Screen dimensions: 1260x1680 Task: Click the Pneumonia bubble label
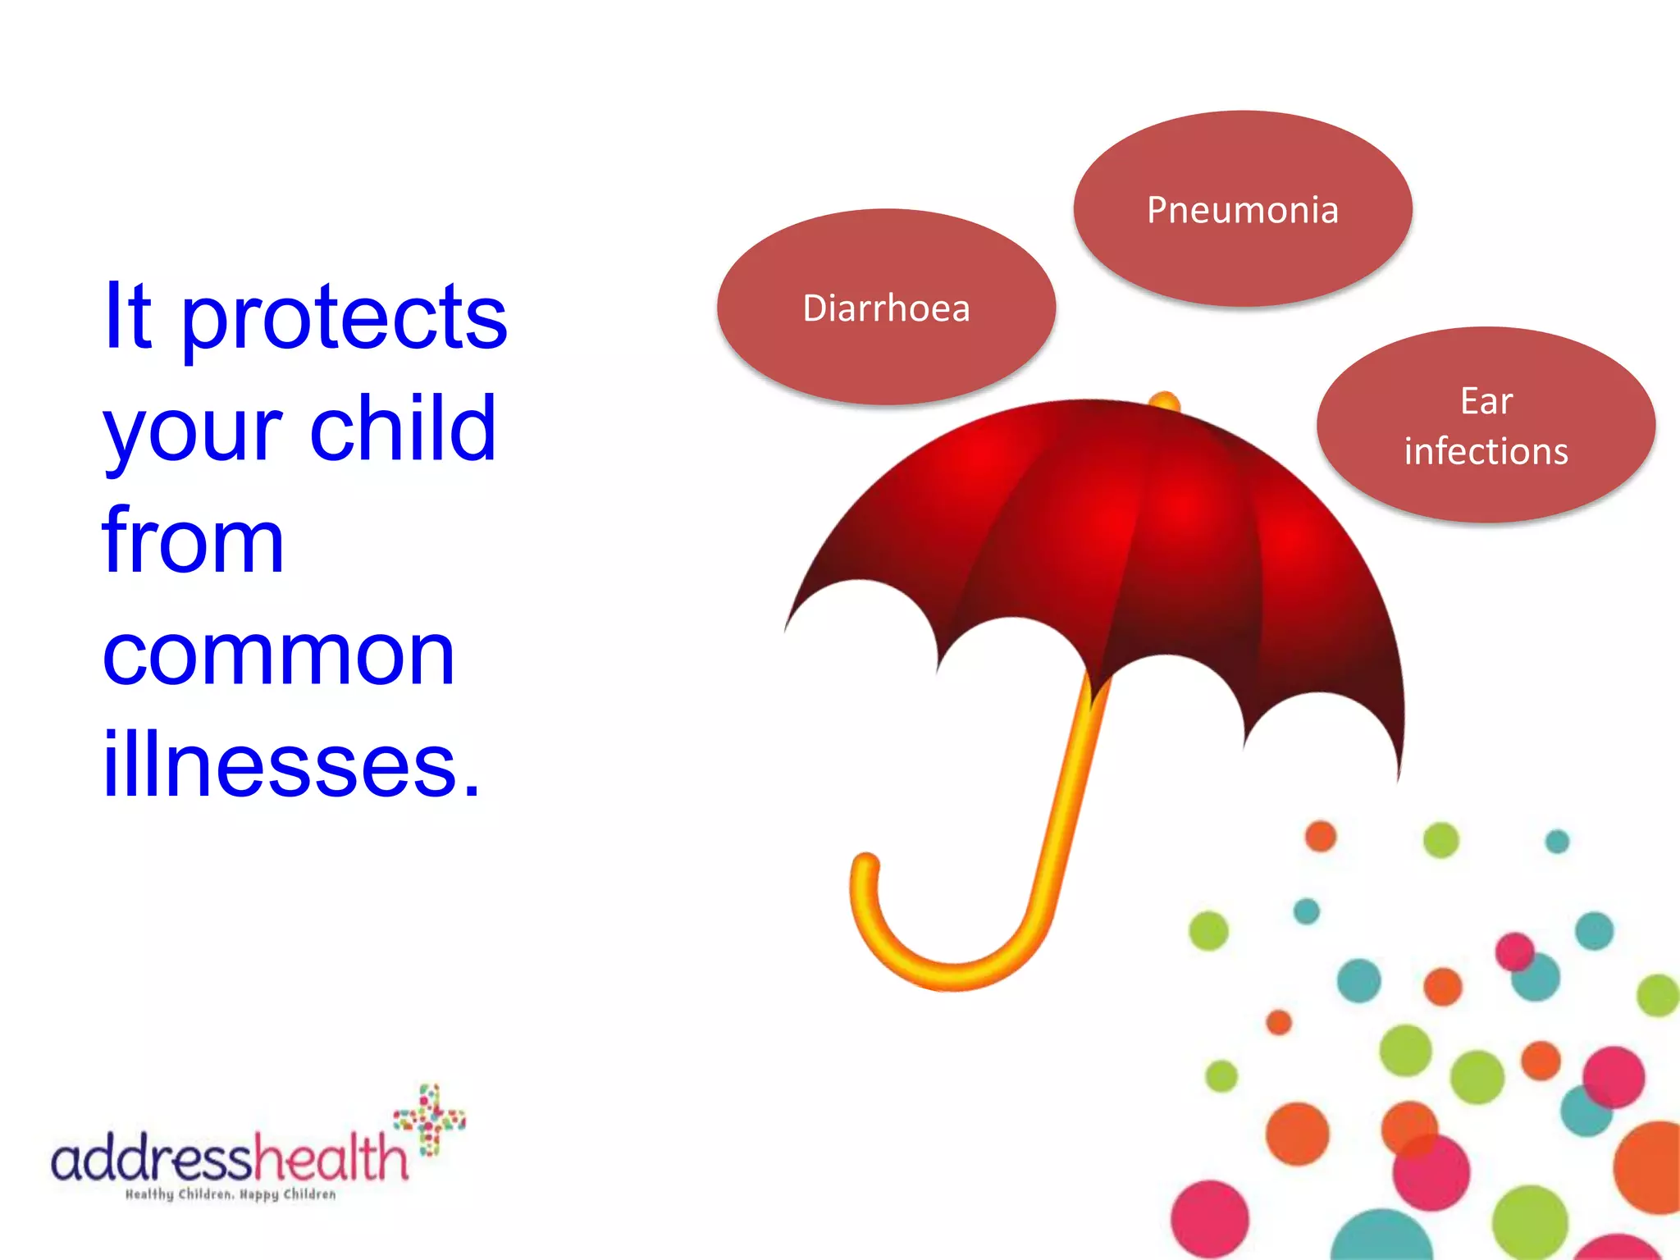[x=1242, y=210]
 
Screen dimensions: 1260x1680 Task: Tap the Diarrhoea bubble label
[x=886, y=308]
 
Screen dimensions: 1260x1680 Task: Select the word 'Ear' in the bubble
[x=1486, y=401]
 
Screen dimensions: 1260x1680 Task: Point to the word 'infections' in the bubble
[x=1486, y=451]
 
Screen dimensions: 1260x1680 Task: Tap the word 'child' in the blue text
[x=403, y=428]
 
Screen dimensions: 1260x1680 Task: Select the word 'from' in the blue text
[x=194, y=541]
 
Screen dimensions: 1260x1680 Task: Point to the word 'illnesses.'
[x=291, y=765]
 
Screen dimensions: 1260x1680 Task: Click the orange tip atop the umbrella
[x=1164, y=403]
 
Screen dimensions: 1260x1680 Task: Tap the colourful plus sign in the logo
[x=430, y=1119]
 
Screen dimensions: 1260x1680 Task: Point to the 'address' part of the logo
[x=151, y=1158]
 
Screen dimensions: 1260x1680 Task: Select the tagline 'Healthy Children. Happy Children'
[x=231, y=1194]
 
